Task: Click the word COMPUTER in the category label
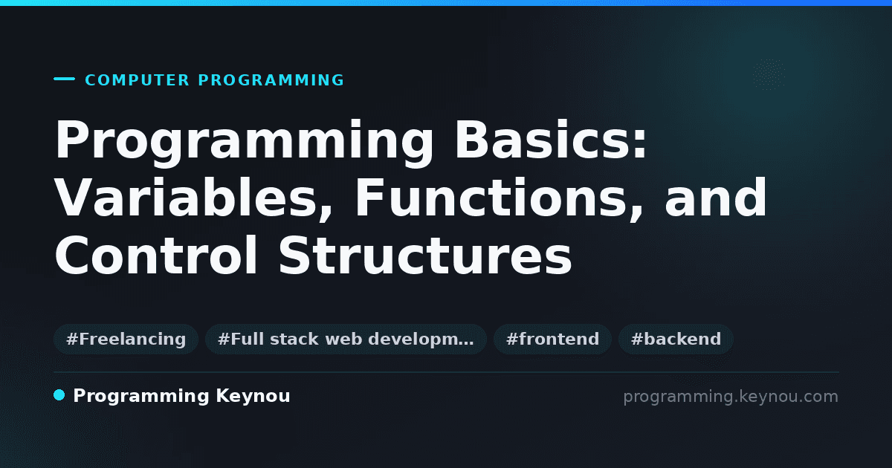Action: click(137, 80)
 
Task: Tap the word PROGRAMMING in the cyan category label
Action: click(271, 80)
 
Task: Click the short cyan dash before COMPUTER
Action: click(64, 79)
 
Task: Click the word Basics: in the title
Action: click(551, 140)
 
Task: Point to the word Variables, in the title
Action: click(193, 198)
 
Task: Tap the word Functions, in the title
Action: click(499, 198)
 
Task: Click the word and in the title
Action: click(715, 197)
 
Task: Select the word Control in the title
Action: click(156, 255)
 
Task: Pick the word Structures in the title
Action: click(425, 255)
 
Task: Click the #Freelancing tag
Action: click(126, 339)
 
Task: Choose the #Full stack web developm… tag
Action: click(346, 339)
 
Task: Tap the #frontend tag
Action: click(552, 339)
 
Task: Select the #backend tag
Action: click(676, 339)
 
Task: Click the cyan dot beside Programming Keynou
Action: click(59, 395)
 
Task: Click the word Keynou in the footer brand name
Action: click(253, 397)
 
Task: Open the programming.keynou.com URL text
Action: click(731, 397)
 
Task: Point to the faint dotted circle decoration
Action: click(769, 74)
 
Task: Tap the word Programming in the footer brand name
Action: click(141, 397)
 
